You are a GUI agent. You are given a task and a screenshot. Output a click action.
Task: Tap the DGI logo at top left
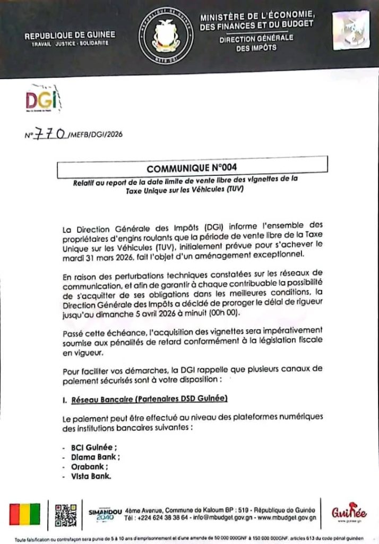click(x=42, y=100)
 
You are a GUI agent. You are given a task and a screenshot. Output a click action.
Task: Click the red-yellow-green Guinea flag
click(x=24, y=514)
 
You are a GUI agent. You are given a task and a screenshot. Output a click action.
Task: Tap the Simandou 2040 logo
click(x=106, y=514)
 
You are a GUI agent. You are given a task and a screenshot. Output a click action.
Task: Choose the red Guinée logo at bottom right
click(x=349, y=513)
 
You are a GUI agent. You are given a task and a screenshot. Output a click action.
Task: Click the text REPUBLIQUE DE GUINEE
click(x=70, y=35)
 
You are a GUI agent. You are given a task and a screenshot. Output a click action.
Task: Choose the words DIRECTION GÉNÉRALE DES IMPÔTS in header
click(x=256, y=42)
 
